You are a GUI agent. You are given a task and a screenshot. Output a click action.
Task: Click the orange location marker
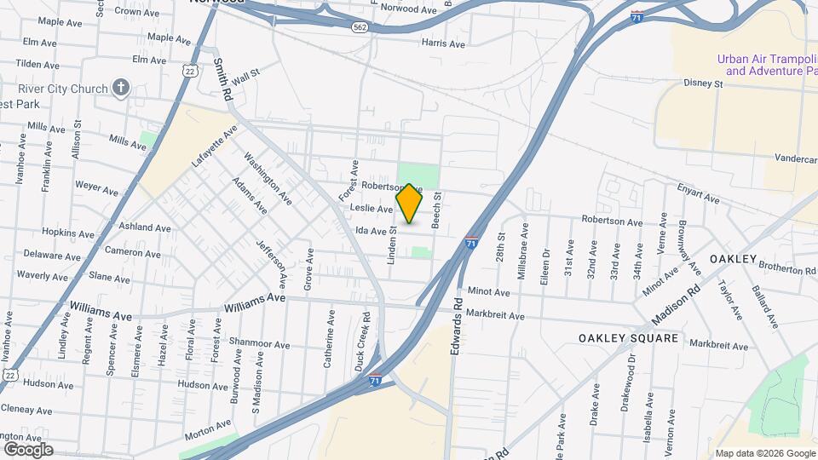coord(410,204)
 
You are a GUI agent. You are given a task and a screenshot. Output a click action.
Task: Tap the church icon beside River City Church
coord(121,88)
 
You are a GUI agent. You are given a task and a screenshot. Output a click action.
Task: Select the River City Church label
coord(63,89)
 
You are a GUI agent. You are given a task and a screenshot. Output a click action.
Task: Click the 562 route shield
coord(360,27)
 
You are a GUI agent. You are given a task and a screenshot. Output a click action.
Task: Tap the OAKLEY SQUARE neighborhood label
coord(628,338)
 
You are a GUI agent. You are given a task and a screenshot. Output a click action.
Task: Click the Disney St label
coord(702,83)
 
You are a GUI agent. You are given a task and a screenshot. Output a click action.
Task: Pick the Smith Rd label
coord(223,80)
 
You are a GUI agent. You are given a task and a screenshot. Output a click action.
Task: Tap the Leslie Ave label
coord(372,209)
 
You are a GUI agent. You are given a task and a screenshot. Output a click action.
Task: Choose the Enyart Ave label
coord(699,196)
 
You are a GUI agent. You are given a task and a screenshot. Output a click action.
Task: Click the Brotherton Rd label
coord(786,268)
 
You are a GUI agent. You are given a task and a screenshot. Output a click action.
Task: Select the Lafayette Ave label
coord(214,148)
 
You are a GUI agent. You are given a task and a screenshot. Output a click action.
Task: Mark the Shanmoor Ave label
coord(266,344)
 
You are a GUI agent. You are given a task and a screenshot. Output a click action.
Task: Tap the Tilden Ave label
coord(36,64)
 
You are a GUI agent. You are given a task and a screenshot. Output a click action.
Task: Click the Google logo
coord(28,449)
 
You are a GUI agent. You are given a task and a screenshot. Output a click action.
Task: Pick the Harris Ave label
coord(443,43)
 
